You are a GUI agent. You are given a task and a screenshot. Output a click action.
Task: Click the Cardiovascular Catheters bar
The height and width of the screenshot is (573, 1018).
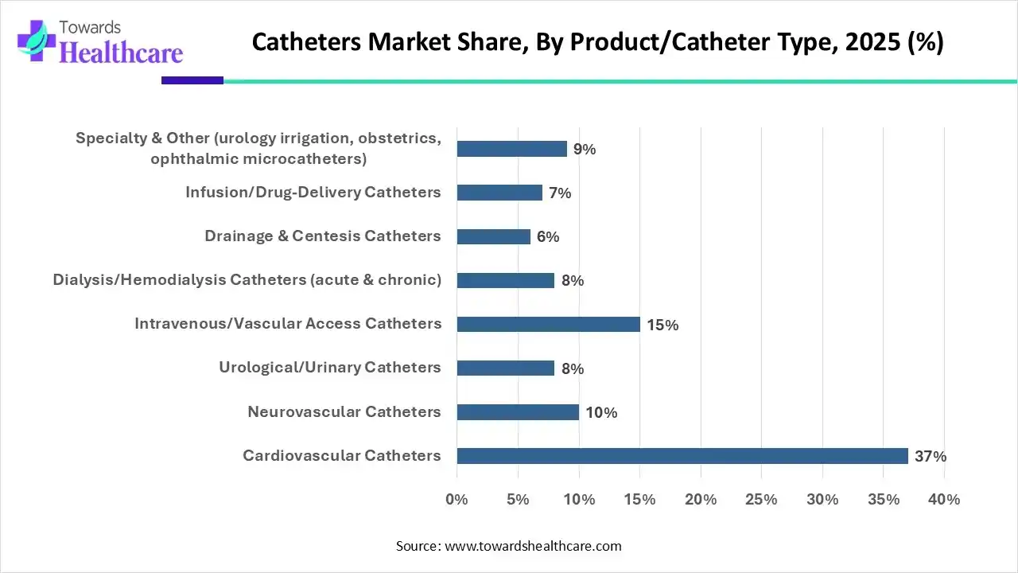[682, 456]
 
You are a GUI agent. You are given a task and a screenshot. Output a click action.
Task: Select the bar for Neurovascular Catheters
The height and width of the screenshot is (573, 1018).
[518, 412]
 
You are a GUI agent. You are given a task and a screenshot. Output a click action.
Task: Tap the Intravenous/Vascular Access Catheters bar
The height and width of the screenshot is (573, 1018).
[548, 324]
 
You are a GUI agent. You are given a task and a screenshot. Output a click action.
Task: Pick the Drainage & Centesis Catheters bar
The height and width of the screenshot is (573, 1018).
[493, 236]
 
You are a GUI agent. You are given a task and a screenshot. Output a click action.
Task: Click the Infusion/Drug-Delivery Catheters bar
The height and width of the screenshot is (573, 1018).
[499, 193]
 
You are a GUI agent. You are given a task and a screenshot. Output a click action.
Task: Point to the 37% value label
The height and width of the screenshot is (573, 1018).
[930, 457]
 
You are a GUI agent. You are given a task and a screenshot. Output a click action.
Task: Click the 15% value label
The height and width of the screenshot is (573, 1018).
[662, 325]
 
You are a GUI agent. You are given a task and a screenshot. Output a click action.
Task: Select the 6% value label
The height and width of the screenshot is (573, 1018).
[548, 237]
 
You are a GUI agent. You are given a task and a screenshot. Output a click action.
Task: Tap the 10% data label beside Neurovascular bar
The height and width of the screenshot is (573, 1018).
[601, 412]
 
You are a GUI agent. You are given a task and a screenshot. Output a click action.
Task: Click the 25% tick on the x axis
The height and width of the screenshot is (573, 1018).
[762, 500]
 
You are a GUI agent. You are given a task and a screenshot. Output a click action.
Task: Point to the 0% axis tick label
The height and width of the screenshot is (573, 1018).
[457, 500]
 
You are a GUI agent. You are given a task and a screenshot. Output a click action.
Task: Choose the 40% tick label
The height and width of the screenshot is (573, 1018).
[944, 500]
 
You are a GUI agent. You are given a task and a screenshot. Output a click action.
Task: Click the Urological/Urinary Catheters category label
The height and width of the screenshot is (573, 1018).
[329, 367]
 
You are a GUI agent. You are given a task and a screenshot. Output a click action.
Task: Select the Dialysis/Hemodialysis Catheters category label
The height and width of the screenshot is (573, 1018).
[247, 279]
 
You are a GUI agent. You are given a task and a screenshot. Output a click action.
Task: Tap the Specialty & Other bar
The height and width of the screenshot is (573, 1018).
[511, 149]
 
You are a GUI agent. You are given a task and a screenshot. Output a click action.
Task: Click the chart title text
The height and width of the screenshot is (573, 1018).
[597, 42]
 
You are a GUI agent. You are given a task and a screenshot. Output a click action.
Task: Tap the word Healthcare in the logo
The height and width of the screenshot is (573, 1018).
[121, 53]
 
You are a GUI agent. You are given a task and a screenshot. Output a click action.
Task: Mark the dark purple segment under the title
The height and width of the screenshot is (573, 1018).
[192, 80]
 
